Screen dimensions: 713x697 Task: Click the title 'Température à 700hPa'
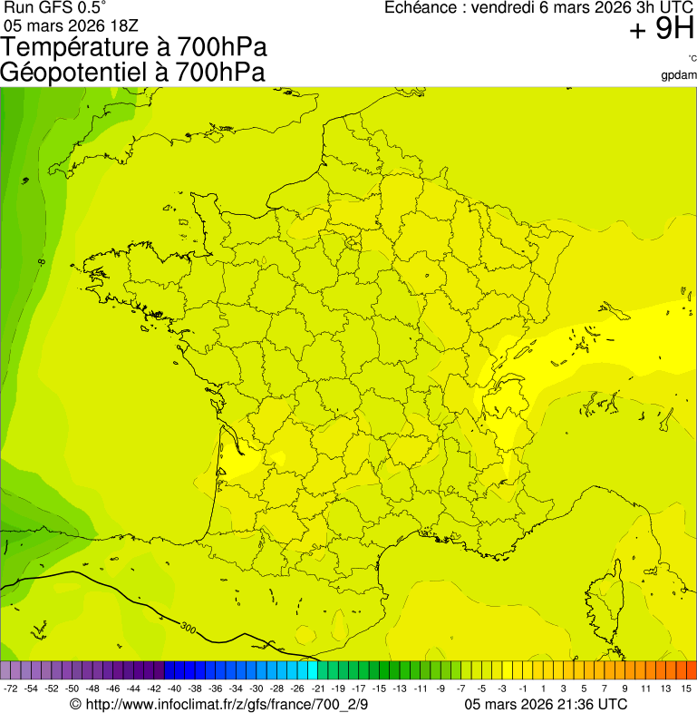[134, 48]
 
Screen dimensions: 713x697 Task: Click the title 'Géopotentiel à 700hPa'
[132, 73]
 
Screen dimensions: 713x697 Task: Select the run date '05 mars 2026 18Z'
[71, 24]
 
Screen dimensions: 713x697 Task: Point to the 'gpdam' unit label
[679, 74]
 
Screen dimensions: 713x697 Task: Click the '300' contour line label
[188, 627]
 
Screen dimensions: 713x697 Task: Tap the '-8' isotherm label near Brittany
[42, 262]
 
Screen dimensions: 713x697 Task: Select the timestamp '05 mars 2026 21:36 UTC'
[546, 704]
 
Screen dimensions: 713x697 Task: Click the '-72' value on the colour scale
[11, 689]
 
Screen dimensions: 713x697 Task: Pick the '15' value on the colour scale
[686, 689]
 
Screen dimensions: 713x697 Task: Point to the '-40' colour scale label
[174, 689]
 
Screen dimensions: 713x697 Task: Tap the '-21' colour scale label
[317, 689]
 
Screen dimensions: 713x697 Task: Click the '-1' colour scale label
[522, 689]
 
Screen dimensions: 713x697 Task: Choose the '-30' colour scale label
[257, 689]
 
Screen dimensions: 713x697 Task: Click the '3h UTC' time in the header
[643, 7]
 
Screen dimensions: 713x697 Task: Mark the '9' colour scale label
[624, 689]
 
